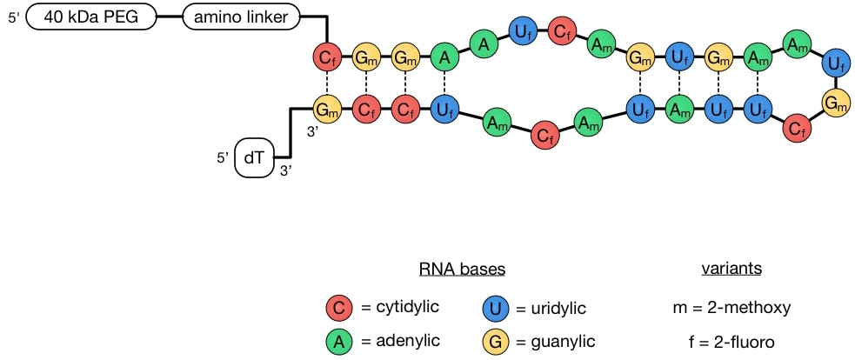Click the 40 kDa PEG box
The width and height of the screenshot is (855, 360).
coord(95,16)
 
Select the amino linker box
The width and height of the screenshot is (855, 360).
coord(241,16)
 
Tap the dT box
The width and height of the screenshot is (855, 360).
coord(255,159)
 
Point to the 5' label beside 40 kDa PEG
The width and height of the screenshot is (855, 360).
coord(14,17)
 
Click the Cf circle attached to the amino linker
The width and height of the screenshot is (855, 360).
coord(326,57)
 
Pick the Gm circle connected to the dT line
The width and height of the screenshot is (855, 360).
coord(326,110)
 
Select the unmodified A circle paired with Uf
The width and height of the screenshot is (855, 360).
coord(444,57)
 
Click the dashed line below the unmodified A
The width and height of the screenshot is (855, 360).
coord(444,84)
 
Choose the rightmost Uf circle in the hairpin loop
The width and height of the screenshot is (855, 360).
coord(837,61)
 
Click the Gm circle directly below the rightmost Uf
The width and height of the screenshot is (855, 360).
coord(837,103)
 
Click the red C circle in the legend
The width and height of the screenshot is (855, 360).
coord(338,307)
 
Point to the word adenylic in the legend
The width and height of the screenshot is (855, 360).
coord(400,341)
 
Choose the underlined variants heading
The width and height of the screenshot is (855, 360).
coord(731,269)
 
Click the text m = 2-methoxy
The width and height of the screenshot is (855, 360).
coord(731,307)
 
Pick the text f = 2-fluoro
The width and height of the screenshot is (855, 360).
coord(731,341)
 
